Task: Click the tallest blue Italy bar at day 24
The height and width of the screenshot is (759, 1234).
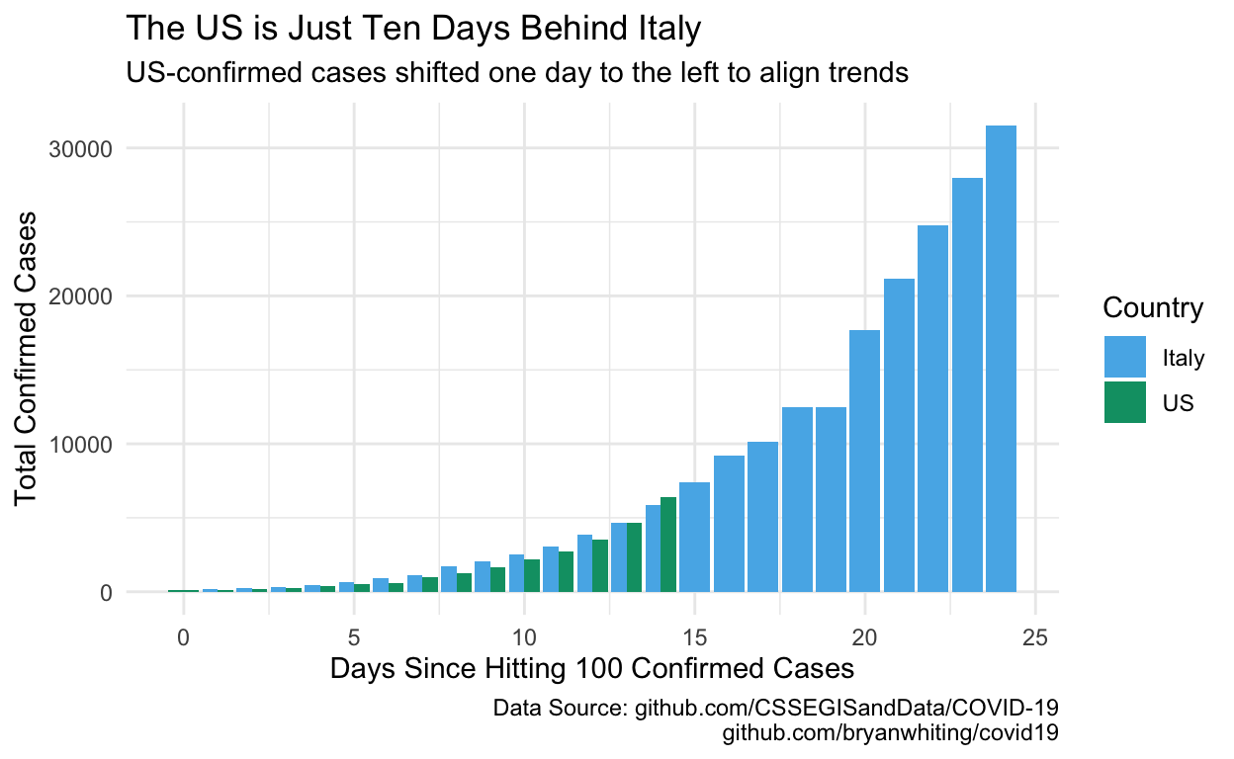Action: [1001, 359]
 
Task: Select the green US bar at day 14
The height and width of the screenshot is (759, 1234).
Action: [668, 545]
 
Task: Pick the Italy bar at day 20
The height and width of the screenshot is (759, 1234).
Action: [864, 461]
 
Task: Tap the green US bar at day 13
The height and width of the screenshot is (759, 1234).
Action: [634, 557]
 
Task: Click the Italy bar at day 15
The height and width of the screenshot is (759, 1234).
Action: [694, 537]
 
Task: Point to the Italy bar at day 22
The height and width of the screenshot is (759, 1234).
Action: [932, 409]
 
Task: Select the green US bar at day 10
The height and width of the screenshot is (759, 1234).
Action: [532, 575]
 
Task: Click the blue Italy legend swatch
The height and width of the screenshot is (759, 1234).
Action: [1125, 357]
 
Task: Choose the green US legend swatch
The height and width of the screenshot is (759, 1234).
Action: [1125, 402]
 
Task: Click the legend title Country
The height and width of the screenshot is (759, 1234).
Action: [1153, 307]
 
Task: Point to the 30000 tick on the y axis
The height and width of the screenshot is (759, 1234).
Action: [80, 149]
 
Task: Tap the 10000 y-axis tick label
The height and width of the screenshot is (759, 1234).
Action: [80, 445]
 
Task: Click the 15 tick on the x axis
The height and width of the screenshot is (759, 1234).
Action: [695, 637]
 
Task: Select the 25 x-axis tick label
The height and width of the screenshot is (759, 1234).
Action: [1035, 637]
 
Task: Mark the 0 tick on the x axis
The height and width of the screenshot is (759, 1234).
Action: [184, 637]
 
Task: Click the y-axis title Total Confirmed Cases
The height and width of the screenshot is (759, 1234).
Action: [26, 358]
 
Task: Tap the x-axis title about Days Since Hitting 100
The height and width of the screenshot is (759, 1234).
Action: [592, 669]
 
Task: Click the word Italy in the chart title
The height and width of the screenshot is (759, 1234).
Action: [669, 29]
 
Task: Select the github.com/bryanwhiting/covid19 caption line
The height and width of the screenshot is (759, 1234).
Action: [890, 732]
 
